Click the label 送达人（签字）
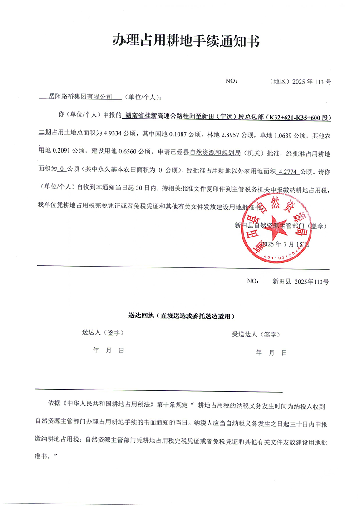pos(103,333)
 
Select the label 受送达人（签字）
pos(256,335)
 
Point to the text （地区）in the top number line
pos(279,82)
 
